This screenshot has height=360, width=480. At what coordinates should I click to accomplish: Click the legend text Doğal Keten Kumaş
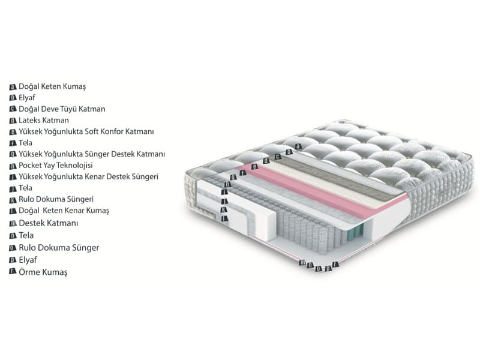pos(52,86)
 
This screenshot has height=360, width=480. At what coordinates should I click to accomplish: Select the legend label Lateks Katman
pos(44,120)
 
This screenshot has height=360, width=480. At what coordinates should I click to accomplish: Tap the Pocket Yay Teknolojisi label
pos(56,166)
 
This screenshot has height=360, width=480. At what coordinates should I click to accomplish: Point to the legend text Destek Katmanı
pos(49,223)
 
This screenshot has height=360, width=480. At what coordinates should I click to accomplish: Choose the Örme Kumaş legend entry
pos(43,272)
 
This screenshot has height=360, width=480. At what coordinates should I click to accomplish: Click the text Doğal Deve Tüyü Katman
pos(62,109)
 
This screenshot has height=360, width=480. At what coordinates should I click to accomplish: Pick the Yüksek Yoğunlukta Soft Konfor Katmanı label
pos(86,131)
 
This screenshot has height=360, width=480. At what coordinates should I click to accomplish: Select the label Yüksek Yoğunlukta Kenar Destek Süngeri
pos(88,176)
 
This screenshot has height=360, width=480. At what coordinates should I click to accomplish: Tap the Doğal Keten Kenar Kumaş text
pos(64,211)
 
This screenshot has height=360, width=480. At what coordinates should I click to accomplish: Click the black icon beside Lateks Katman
pos(13,121)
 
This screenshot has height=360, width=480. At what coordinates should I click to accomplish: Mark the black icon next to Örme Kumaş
pos(13,271)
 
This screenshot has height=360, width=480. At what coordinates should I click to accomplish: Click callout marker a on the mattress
pos(298,146)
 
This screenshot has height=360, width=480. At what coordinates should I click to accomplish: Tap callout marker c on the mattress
pos(277,157)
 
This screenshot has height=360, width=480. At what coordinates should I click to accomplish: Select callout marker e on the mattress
pos(254,167)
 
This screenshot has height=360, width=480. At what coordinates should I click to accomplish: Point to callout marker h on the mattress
pos(227,184)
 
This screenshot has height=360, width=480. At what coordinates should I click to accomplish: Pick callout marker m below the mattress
pos(302,263)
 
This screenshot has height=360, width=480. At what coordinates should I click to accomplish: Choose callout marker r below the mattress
pos(335,264)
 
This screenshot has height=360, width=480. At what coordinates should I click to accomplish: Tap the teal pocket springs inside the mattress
pos(357,232)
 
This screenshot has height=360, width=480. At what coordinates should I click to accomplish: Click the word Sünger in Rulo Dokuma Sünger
pos(85,248)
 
